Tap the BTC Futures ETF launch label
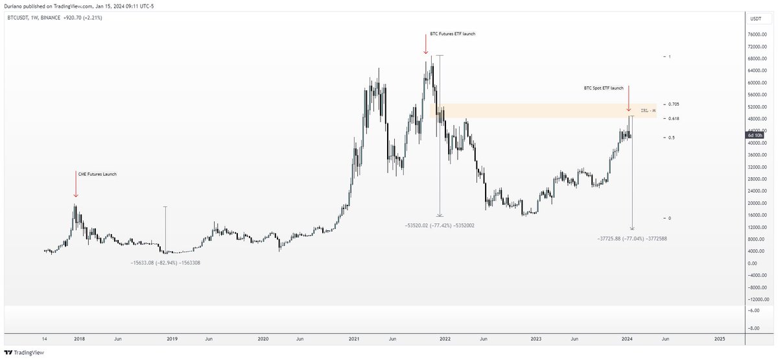(x=453, y=34)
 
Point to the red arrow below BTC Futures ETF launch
(x=425, y=45)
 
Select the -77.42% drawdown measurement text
(x=439, y=225)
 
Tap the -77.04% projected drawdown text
(x=632, y=239)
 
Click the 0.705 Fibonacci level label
(x=673, y=104)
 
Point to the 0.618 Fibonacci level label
(x=673, y=118)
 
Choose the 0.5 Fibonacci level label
(x=671, y=138)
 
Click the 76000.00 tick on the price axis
(x=756, y=35)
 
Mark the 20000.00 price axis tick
(x=756, y=203)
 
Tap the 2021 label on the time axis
(x=354, y=339)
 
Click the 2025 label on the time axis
(x=719, y=339)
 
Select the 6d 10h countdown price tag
(x=755, y=135)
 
